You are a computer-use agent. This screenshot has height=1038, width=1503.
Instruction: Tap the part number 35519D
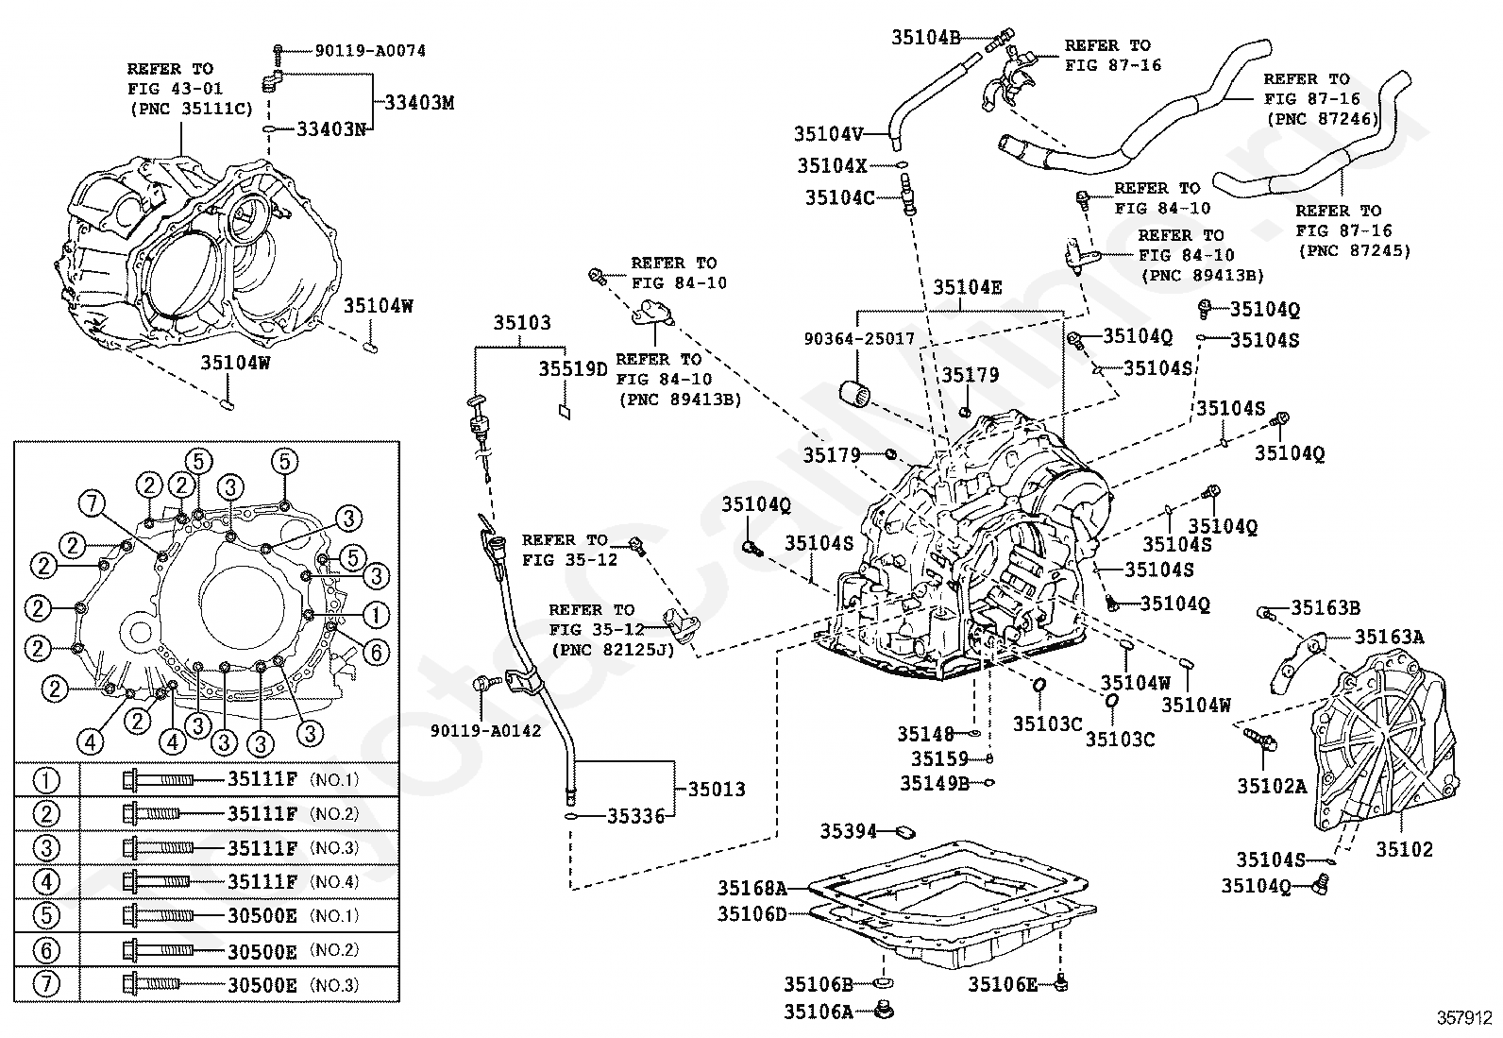tap(573, 367)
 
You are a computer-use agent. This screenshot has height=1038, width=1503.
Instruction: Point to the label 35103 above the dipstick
tap(521, 322)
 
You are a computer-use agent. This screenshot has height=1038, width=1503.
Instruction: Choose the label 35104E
tap(967, 287)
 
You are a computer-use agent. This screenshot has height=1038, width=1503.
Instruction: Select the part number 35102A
tap(1272, 784)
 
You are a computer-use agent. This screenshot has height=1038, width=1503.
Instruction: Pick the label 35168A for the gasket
tap(751, 888)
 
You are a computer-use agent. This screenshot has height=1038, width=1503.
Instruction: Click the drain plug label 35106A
tap(818, 1012)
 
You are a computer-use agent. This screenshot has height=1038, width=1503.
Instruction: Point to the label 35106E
tap(1002, 985)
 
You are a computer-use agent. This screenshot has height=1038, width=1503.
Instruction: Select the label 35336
tap(635, 816)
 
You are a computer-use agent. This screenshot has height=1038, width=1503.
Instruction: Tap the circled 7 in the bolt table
tap(46, 984)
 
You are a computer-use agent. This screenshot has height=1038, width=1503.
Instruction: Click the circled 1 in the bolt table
tap(46, 780)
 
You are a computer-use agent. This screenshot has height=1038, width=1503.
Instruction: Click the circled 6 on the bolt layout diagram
tap(375, 651)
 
